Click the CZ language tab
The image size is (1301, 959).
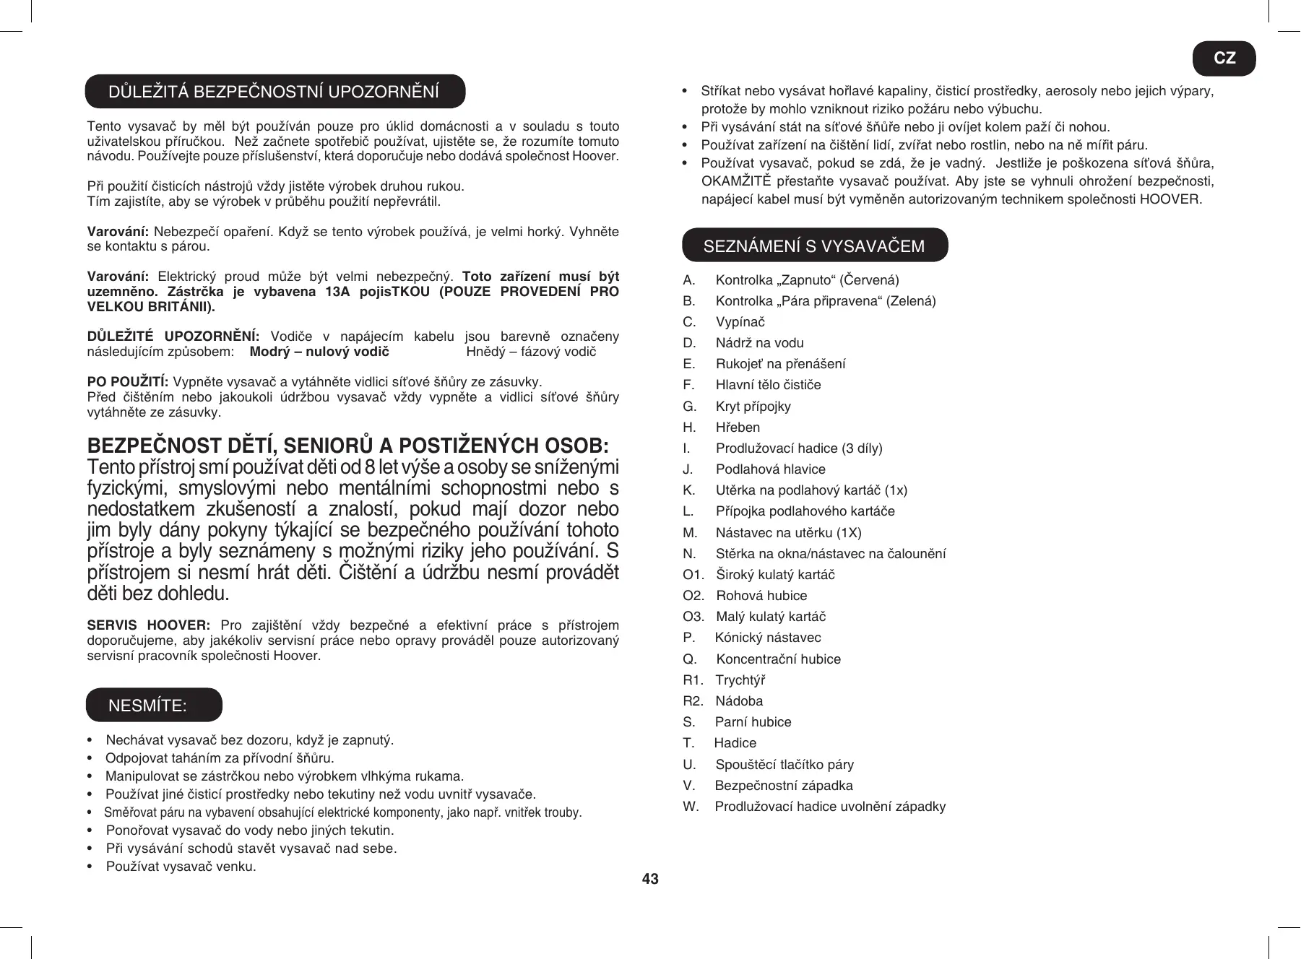[1224, 58]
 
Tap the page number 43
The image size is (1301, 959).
[650, 879]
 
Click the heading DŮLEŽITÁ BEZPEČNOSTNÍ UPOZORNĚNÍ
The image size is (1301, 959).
[274, 92]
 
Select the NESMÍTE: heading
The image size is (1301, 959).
[148, 706]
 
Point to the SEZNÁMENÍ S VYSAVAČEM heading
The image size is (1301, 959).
[813, 246]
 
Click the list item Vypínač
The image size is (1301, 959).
[740, 322]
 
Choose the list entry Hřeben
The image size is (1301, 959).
[738, 428]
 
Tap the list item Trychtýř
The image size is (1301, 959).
[740, 680]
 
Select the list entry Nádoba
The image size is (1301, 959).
[739, 701]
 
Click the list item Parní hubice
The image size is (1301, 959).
[753, 722]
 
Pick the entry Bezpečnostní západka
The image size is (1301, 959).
[784, 786]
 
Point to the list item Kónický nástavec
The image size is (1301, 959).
[768, 638]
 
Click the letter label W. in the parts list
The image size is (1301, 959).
[691, 807]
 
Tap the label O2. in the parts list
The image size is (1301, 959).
[693, 596]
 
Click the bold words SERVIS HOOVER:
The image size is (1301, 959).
[148, 625]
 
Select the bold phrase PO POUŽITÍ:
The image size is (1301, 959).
[128, 382]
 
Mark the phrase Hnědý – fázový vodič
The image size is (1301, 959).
[531, 352]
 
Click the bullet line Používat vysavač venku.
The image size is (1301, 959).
[181, 867]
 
